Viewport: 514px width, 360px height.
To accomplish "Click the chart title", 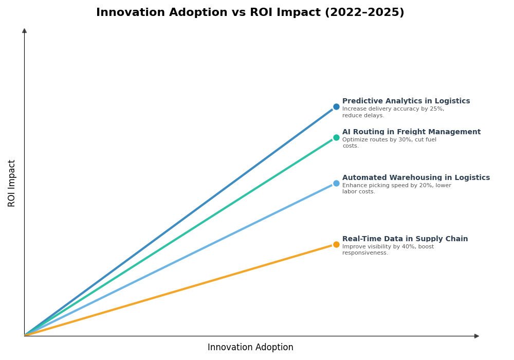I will point(250,13).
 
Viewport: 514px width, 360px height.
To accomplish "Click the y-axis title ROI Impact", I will point(12,183).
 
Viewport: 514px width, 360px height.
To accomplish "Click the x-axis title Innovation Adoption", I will point(250,348).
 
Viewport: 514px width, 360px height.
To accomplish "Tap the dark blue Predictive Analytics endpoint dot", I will point(336,107).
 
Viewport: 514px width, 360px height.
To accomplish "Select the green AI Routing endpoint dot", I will point(336,138).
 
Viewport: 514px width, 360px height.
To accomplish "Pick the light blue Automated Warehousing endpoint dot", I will point(336,184).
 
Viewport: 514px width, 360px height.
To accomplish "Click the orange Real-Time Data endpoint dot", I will point(336,245).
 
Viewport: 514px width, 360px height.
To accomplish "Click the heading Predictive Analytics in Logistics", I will point(406,101).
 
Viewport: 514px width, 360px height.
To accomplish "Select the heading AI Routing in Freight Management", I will point(411,132).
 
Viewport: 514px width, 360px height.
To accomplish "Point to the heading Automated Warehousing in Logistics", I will point(416,178).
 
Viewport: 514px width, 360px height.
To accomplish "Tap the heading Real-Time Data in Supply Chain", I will point(405,239).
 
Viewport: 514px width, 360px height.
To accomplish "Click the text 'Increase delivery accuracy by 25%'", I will point(393,109).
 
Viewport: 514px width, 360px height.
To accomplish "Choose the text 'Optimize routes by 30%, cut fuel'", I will point(389,140).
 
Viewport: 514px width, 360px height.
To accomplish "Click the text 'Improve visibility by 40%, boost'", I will point(388,247).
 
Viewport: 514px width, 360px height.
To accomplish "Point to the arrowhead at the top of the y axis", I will point(24,31).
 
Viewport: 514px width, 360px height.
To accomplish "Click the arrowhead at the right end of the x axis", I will point(476,336).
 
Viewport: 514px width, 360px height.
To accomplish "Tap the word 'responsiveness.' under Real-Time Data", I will point(365,253).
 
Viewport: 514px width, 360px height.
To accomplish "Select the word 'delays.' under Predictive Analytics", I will point(373,116).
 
